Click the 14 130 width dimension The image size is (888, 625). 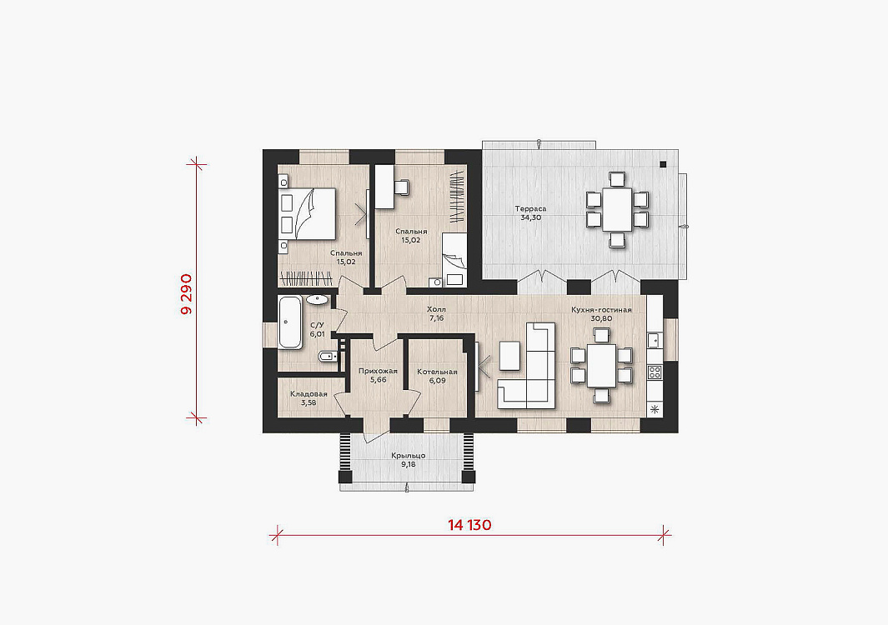click(x=469, y=525)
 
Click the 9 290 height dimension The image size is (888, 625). click(x=186, y=294)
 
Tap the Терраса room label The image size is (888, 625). click(x=530, y=209)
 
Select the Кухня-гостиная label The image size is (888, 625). click(x=601, y=310)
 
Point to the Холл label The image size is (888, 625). click(x=436, y=310)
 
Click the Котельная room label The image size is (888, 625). click(x=437, y=372)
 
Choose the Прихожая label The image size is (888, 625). click(x=378, y=372)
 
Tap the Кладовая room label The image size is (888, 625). click(x=309, y=394)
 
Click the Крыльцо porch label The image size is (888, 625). click(x=408, y=456)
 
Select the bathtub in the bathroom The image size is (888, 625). click(x=290, y=322)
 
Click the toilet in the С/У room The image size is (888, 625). click(x=327, y=357)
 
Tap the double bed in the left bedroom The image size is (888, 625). click(x=308, y=213)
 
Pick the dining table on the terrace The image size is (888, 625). click(x=617, y=209)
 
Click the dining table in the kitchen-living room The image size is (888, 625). click(x=601, y=366)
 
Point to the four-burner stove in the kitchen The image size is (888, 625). click(x=655, y=372)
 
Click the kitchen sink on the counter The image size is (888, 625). click(x=654, y=340)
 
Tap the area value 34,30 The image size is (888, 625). click(x=530, y=217)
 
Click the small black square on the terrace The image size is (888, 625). click(x=663, y=164)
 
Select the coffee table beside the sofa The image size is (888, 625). click(x=509, y=356)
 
